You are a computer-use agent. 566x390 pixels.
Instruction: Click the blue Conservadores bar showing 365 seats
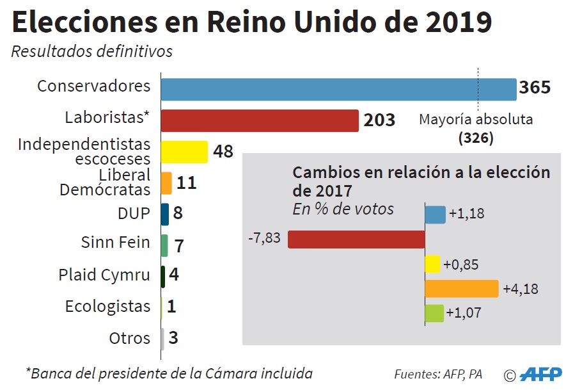point(338,90)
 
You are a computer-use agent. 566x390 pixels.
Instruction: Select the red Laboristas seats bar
point(259,120)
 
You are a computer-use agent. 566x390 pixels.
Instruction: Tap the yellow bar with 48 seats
point(184,152)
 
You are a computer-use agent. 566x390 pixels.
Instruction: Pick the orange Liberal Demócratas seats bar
point(166,183)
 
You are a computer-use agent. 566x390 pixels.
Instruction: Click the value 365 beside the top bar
point(535,88)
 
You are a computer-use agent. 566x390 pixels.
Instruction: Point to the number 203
point(379,120)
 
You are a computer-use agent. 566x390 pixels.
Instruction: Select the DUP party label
point(133,213)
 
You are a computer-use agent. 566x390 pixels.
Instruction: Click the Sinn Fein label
point(115,243)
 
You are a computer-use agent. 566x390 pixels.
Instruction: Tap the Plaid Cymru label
point(104,275)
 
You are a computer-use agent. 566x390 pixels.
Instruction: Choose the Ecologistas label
point(107,306)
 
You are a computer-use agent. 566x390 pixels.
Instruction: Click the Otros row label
point(129,337)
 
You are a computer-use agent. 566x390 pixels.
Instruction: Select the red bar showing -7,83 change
point(356,239)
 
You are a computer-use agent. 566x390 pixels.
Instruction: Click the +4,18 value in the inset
point(521,289)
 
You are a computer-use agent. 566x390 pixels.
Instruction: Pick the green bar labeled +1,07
point(434,313)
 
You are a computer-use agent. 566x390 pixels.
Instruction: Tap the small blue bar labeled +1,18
point(435,215)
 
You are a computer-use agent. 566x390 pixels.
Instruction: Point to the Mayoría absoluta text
point(476,119)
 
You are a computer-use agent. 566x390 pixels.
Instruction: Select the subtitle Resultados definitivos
point(92,51)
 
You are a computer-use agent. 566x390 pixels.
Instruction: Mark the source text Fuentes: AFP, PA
point(438,374)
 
